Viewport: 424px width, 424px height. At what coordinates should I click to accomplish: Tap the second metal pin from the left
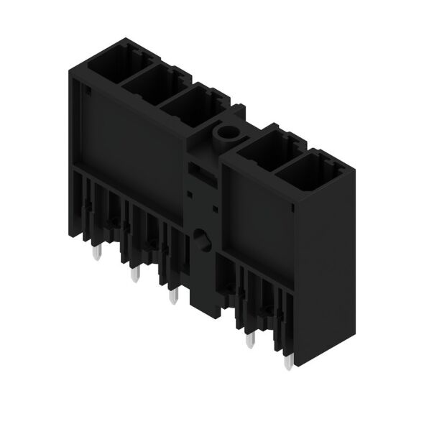(133, 274)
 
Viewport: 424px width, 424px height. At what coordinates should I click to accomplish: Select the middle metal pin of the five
(170, 295)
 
